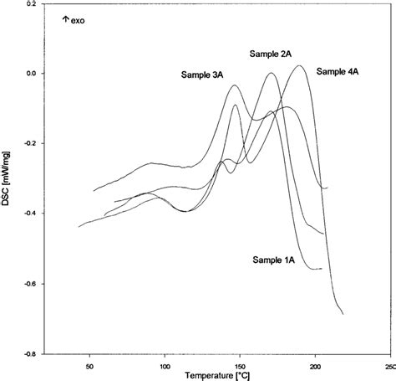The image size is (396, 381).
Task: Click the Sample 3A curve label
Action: [202, 75]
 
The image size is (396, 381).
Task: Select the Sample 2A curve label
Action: [270, 54]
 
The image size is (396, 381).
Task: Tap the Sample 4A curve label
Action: [338, 72]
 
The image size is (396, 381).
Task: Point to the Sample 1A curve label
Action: [274, 260]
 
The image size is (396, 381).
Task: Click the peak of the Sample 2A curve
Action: [271, 74]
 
